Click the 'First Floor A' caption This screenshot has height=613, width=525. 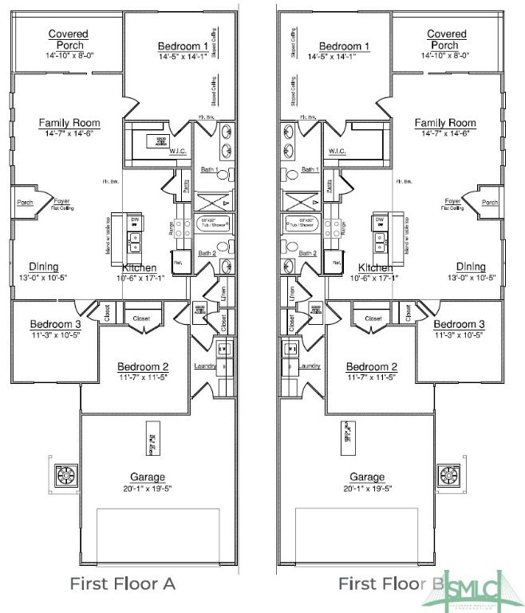(x=122, y=583)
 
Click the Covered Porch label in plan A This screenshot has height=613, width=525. (x=68, y=39)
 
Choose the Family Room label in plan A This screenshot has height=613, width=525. (x=69, y=123)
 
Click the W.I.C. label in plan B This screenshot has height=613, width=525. (x=337, y=151)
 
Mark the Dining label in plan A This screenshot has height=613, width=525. (x=43, y=267)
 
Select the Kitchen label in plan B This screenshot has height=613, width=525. (x=375, y=267)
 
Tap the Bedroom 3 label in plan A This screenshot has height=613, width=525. (x=56, y=324)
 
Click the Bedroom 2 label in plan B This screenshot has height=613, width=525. (x=372, y=367)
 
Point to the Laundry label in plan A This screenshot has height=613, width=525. (x=206, y=366)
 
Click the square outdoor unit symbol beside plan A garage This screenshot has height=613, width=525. (x=63, y=477)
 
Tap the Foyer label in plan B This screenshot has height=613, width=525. (x=452, y=201)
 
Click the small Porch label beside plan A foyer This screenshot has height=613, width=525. (x=25, y=203)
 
